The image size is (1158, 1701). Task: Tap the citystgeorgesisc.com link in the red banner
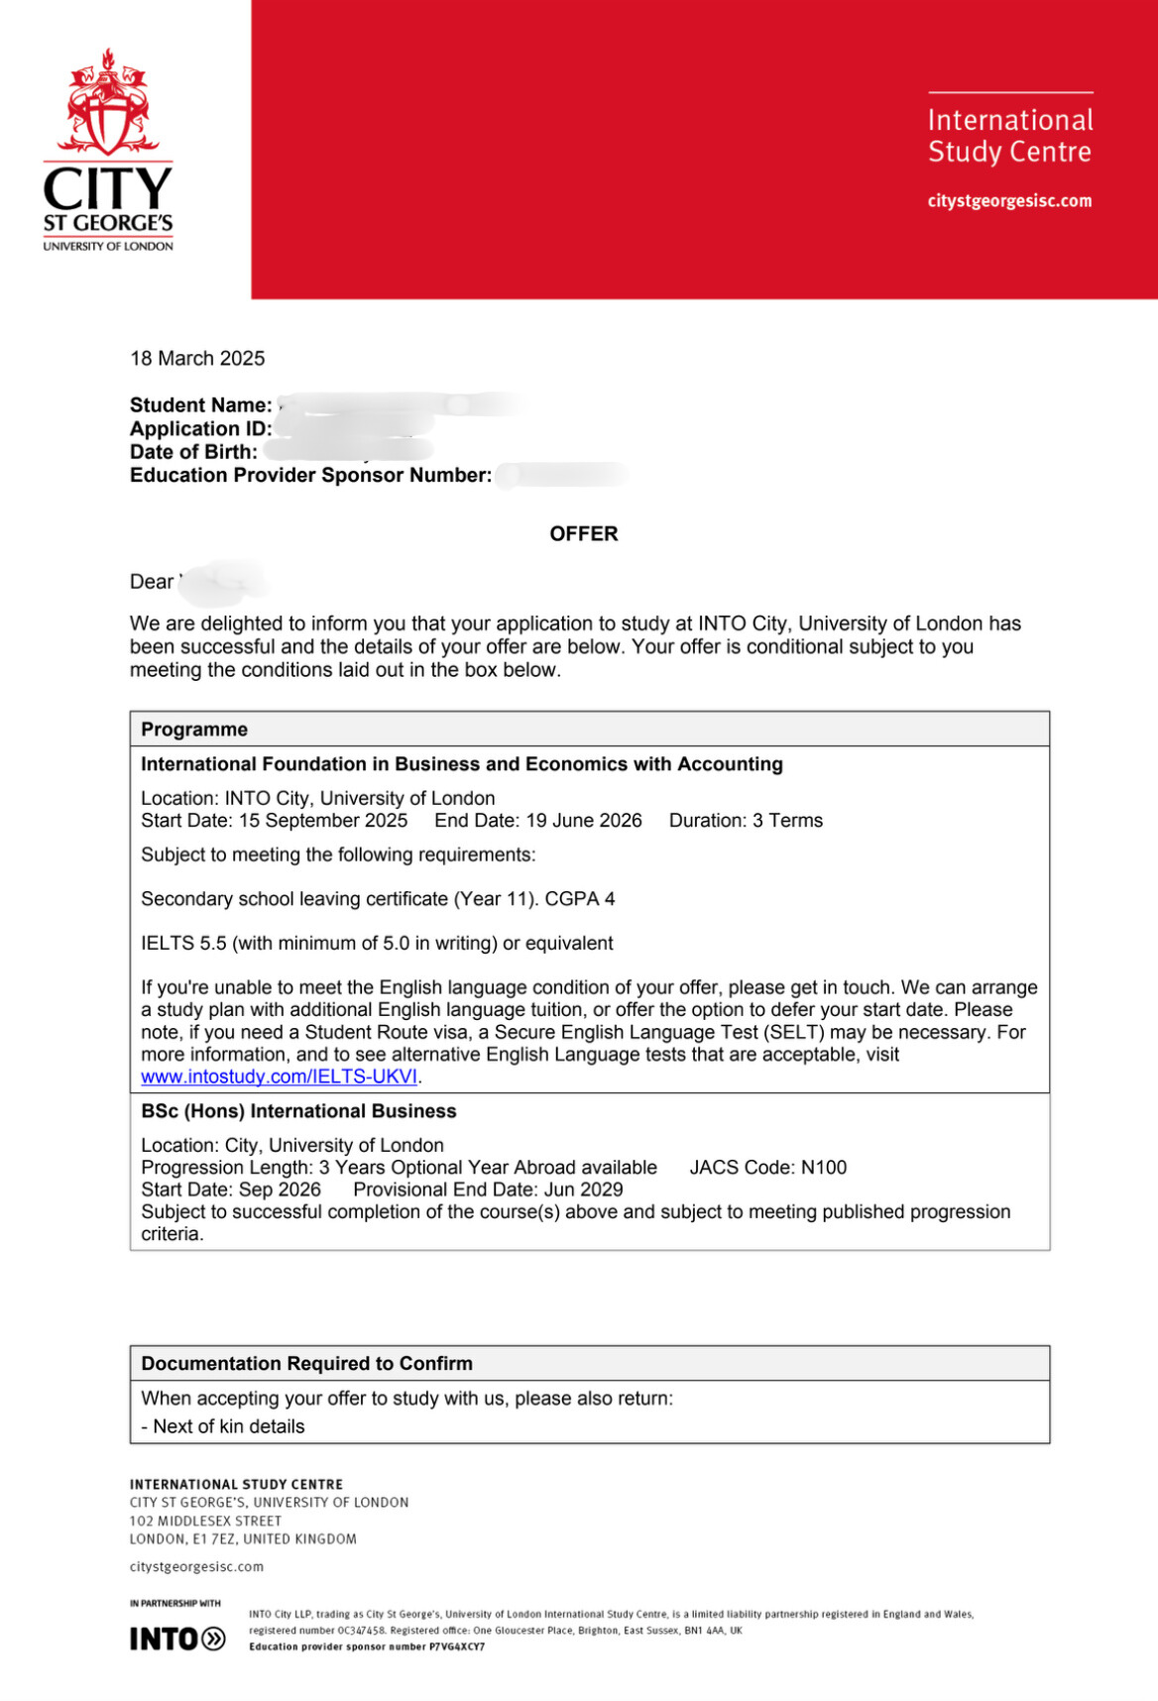(x=1009, y=200)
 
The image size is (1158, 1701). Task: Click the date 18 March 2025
(x=197, y=358)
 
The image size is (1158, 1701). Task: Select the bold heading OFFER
(x=583, y=533)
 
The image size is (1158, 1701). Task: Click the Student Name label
(x=200, y=404)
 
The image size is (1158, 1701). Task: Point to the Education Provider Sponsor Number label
(x=310, y=475)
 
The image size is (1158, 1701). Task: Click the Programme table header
(x=194, y=729)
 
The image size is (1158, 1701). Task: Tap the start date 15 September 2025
(x=322, y=820)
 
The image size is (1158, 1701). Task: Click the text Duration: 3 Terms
(x=746, y=820)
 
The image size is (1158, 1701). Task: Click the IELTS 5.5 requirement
(x=377, y=943)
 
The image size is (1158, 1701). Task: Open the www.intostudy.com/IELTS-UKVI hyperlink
(x=279, y=1077)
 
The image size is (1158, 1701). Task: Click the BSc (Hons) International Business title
(x=298, y=1111)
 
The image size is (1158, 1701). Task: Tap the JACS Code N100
(x=768, y=1167)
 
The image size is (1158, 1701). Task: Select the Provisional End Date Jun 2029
(x=488, y=1190)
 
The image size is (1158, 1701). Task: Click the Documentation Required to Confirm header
(x=306, y=1363)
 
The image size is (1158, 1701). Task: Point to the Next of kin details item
(x=223, y=1426)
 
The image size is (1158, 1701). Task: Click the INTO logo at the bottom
(x=177, y=1639)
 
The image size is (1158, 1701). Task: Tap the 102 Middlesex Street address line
(x=205, y=1521)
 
